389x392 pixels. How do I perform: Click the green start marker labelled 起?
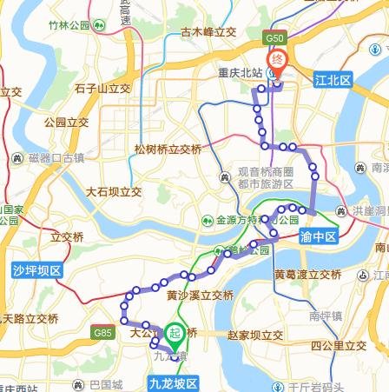175,332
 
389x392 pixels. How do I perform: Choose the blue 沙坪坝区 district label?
37,270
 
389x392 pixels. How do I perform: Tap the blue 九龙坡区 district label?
174,383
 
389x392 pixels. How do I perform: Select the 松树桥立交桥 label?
168,149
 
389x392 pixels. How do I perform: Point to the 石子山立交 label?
102,88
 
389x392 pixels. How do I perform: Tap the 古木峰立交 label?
209,32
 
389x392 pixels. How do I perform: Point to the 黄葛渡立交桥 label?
308,275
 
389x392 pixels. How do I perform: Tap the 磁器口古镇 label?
56,157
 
